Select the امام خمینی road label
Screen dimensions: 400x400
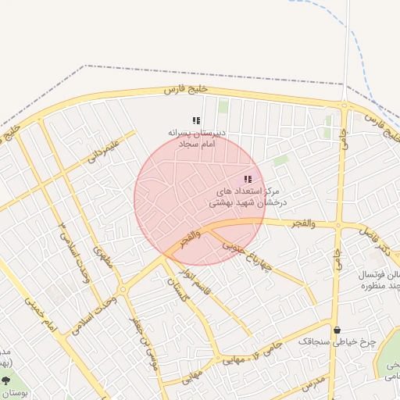click(x=39, y=312)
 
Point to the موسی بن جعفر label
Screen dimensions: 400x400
click(x=148, y=345)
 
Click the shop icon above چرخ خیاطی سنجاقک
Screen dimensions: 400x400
click(x=337, y=330)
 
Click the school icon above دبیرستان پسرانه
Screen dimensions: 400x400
click(x=196, y=120)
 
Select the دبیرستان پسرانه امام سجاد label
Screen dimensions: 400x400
click(x=196, y=138)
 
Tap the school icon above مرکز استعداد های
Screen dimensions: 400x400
click(x=248, y=179)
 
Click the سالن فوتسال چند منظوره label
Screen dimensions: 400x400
click(x=373, y=280)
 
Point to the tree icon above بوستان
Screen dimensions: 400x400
click(x=6, y=380)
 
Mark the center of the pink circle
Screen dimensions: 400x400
click(x=200, y=200)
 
